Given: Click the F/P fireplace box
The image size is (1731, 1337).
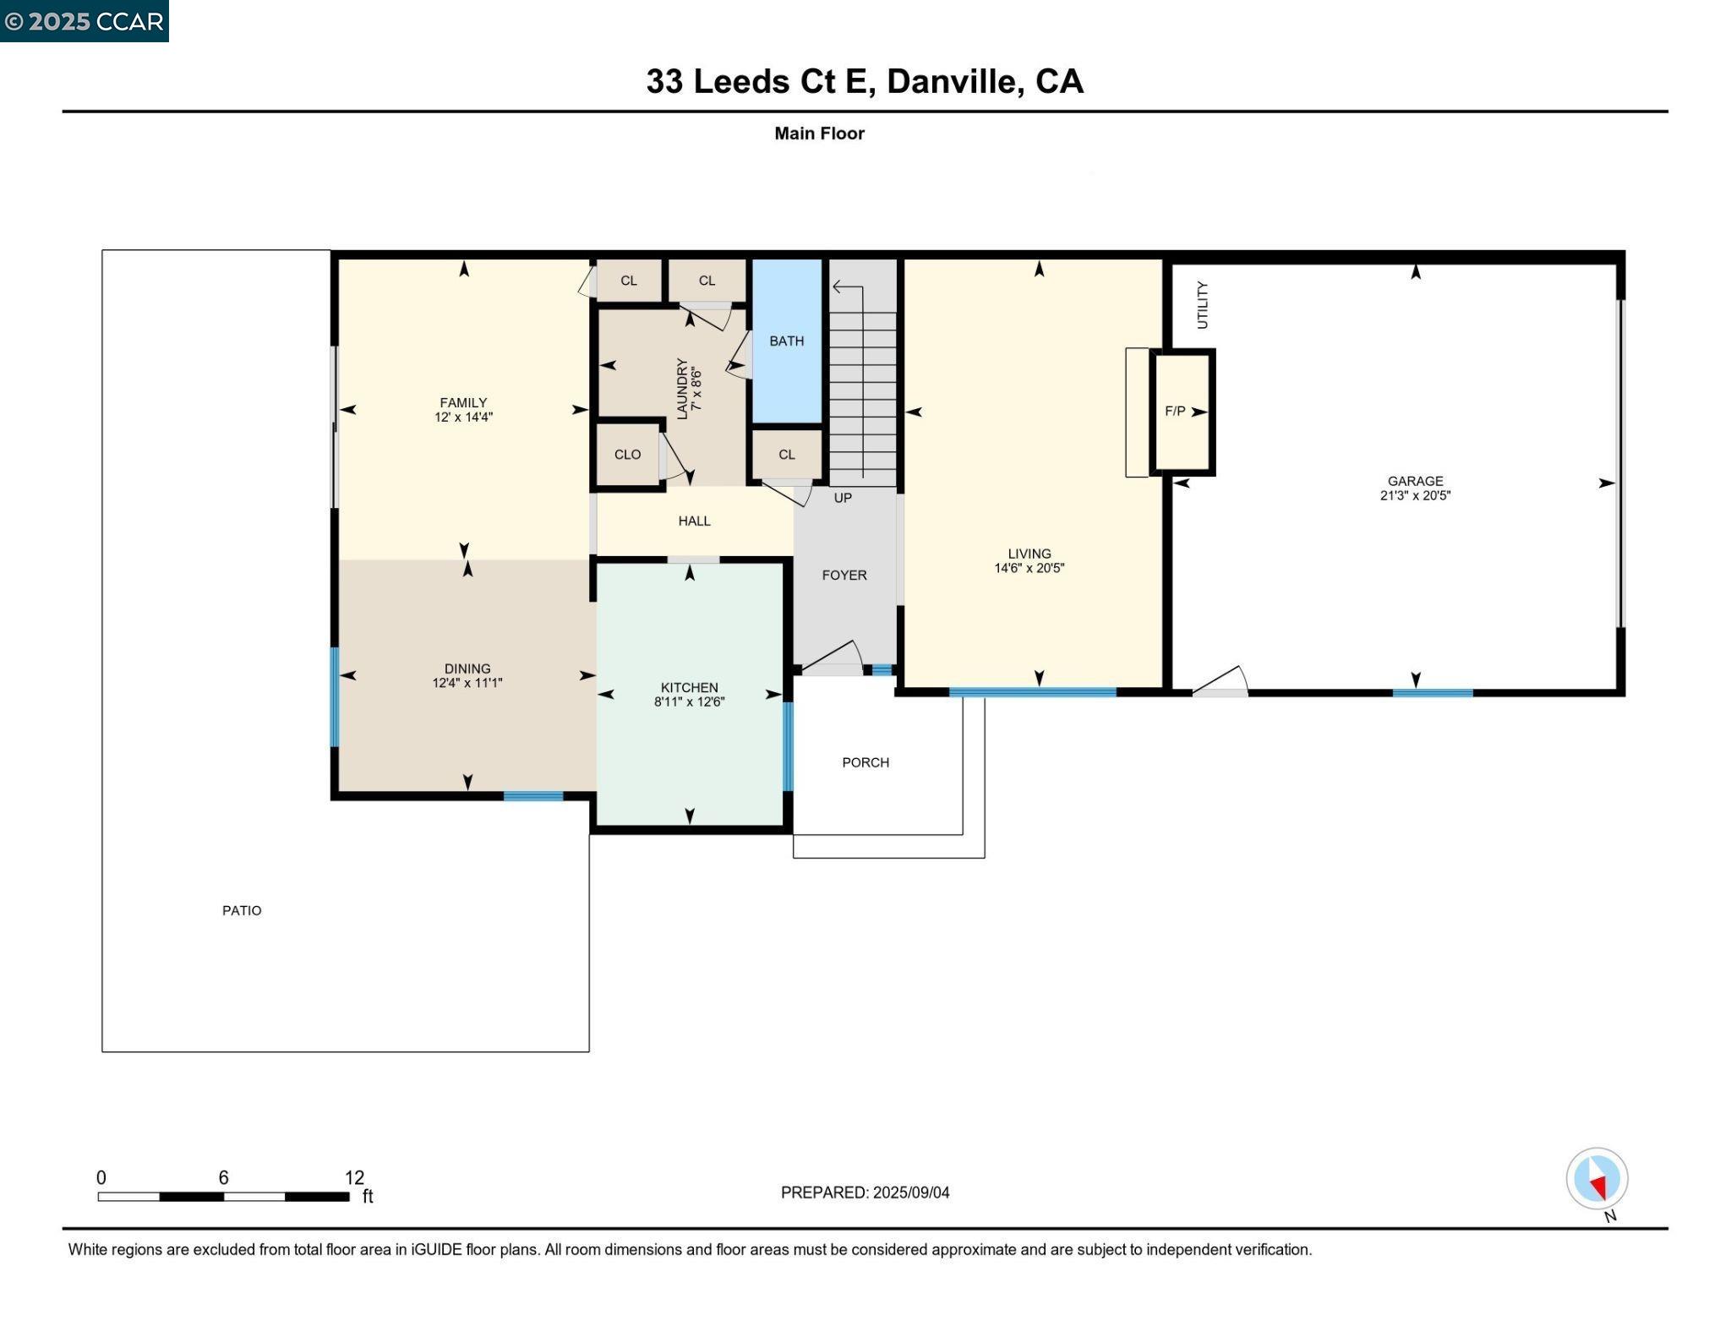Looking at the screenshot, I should point(1183,412).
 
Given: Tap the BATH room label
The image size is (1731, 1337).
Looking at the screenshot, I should point(786,341).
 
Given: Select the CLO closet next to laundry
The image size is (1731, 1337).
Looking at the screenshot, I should point(627,455).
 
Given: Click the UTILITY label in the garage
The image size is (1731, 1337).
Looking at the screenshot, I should point(1202,305).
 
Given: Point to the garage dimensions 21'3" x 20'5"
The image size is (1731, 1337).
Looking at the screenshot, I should point(1415,496).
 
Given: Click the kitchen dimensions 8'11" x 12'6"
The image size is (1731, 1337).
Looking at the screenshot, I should point(689,702).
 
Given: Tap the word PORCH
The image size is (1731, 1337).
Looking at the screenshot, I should point(865,762).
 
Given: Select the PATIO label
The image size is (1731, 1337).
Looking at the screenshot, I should point(242,910).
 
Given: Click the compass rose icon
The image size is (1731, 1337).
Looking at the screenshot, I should point(1597,1178).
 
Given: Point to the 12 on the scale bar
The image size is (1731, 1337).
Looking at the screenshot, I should point(354,1177).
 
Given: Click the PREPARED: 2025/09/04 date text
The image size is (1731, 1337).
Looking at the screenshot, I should point(865,1192).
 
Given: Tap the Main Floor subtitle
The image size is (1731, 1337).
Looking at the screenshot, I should point(819,134).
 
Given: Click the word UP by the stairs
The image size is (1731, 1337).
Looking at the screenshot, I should point(843,498).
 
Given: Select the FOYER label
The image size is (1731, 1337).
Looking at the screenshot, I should point(844,575).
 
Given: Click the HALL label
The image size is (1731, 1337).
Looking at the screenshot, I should point(694,521).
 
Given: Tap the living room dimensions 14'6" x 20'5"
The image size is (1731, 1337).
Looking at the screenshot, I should point(1029,569).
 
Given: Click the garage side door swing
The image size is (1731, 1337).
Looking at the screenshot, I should point(1221,682).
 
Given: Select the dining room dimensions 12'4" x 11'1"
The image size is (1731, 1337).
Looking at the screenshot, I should point(467,683).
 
